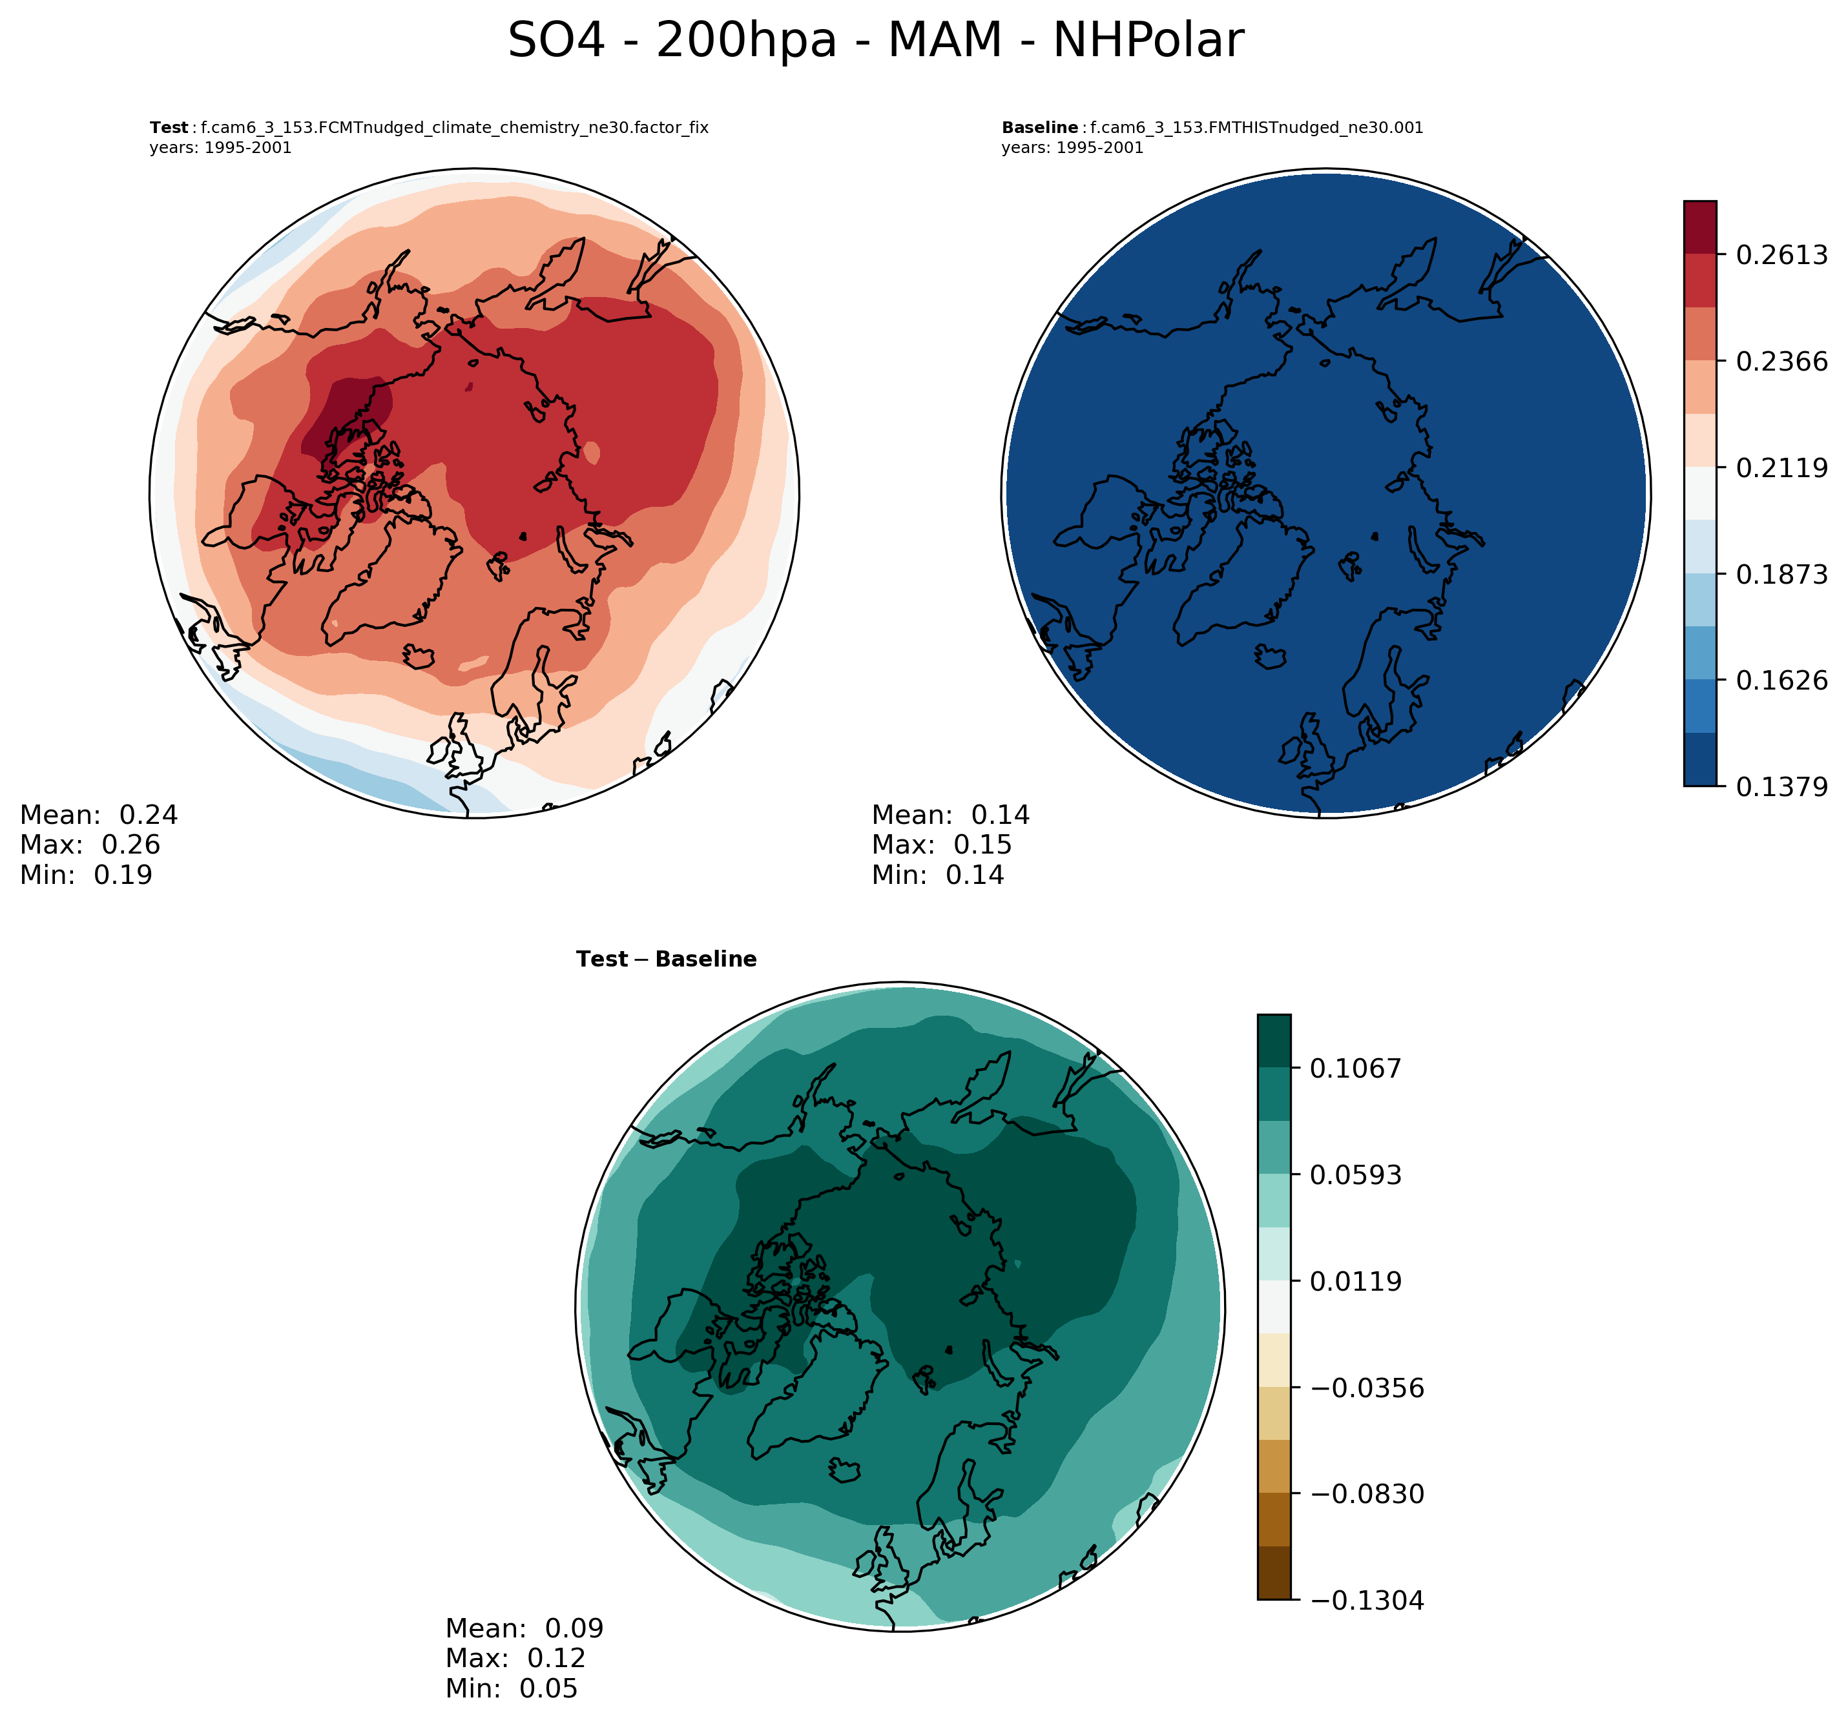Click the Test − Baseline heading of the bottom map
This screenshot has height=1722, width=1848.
[x=665, y=959]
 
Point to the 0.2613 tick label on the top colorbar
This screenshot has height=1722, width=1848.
[x=1781, y=254]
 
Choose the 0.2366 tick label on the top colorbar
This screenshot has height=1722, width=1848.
[x=1781, y=362]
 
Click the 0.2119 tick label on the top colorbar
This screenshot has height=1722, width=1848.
[x=1781, y=467]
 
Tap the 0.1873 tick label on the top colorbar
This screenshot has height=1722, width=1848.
[x=1781, y=574]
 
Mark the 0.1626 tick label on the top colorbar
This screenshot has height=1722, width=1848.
[x=1781, y=681]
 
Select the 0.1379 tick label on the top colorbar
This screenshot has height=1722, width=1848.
[x=1781, y=787]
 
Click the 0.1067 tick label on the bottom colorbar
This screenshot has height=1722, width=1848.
[x=1355, y=1069]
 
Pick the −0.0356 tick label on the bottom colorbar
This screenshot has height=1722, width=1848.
[x=1367, y=1388]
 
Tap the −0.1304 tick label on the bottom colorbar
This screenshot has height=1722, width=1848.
[x=1367, y=1600]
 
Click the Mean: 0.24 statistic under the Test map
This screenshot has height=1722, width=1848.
[x=99, y=815]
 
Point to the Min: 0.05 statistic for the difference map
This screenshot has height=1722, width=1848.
[x=512, y=1688]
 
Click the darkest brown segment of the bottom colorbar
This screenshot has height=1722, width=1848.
[x=1274, y=1573]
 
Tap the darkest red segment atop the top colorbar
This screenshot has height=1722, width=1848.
[x=1699, y=227]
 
